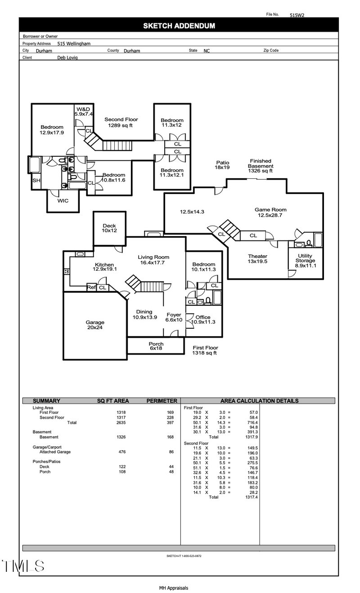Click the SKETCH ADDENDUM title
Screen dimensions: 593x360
click(179, 26)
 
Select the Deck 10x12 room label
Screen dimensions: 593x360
click(109, 228)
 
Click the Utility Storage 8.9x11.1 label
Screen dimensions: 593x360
click(305, 261)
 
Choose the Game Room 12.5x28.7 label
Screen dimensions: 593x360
click(270, 213)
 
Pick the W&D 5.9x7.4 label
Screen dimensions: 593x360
click(84, 112)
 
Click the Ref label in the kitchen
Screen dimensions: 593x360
click(91, 287)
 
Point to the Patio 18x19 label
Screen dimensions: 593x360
click(223, 165)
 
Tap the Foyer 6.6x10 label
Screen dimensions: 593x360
click(174, 317)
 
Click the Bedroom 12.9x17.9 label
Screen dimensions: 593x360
click(52, 130)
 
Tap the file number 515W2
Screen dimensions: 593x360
click(297, 15)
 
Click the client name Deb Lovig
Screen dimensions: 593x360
click(67, 58)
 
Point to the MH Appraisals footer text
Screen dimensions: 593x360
click(173, 588)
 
